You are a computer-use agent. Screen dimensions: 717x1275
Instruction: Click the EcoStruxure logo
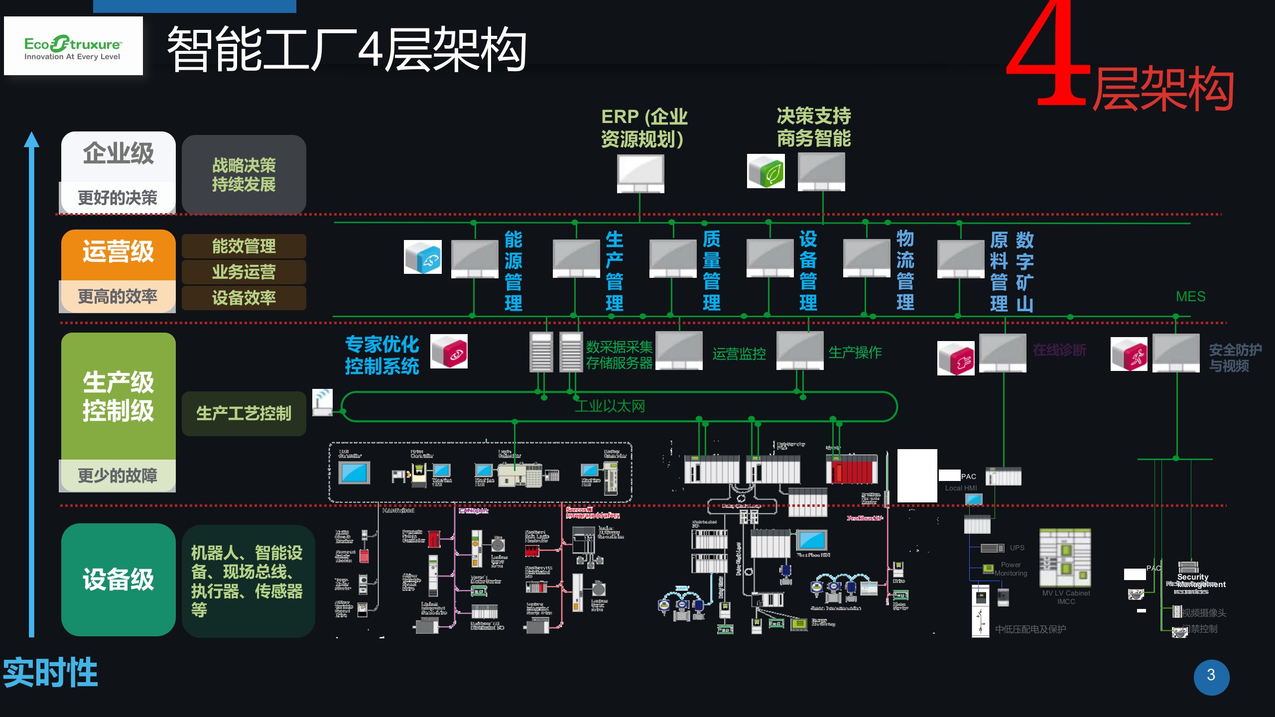click(73, 46)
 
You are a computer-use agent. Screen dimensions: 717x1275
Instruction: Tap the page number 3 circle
click(1211, 676)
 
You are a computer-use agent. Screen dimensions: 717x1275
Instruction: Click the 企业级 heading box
click(119, 154)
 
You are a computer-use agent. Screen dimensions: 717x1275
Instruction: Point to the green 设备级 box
click(119, 579)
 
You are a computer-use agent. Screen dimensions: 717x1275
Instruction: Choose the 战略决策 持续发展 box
click(244, 174)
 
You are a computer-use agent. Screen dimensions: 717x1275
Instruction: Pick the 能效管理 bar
click(244, 246)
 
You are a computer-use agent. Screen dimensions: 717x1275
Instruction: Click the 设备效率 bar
click(244, 298)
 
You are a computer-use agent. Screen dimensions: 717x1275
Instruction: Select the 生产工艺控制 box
click(244, 413)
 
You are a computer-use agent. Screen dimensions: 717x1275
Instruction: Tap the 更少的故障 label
click(118, 476)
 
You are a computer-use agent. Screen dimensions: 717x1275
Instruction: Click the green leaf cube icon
click(766, 171)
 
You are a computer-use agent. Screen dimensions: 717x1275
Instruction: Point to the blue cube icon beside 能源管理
click(423, 257)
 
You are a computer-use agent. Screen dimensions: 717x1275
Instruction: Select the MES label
click(1190, 297)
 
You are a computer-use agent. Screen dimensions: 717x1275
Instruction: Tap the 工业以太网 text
click(610, 406)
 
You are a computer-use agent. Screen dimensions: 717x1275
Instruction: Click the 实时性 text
click(50, 672)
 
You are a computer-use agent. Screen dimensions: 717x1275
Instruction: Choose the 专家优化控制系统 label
click(382, 355)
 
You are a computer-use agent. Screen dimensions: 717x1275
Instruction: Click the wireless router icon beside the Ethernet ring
click(322, 402)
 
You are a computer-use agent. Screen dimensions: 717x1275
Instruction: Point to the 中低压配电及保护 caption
click(1030, 629)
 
